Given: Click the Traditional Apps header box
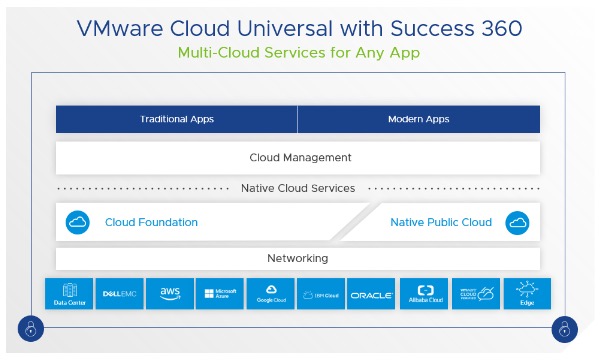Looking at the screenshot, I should pyautogui.click(x=176, y=120).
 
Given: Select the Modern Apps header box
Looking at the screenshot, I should pyautogui.click(x=418, y=120).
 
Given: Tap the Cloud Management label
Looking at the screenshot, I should pyautogui.click(x=299, y=157).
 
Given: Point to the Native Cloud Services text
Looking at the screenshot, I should pyautogui.click(x=298, y=188).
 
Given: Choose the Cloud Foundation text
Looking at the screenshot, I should pyautogui.click(x=151, y=222).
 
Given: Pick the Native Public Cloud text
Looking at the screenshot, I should pyautogui.click(x=441, y=222).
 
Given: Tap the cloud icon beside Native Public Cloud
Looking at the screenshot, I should pyautogui.click(x=517, y=222).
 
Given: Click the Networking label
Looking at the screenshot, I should pyautogui.click(x=298, y=258).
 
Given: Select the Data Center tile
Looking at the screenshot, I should pyautogui.click(x=70, y=293).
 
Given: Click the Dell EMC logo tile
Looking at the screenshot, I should pyautogui.click(x=120, y=293).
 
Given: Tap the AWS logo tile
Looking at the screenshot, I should pyautogui.click(x=170, y=293).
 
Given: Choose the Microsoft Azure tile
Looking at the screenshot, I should pyautogui.click(x=220, y=293).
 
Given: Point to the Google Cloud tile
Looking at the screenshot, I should pyautogui.click(x=271, y=293).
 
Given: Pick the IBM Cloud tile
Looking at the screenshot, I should pyautogui.click(x=321, y=293).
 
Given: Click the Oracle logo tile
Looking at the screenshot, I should pyautogui.click(x=371, y=293).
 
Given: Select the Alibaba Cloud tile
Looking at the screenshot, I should pyautogui.click(x=422, y=293).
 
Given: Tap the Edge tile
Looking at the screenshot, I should pyautogui.click(x=526, y=293).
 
